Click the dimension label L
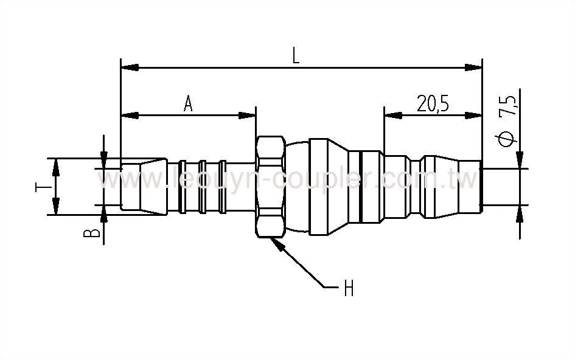click(x=296, y=56)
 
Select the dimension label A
click(x=189, y=104)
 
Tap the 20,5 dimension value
click(x=433, y=104)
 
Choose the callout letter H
click(x=349, y=288)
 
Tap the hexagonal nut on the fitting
click(x=269, y=186)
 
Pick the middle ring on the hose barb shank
click(x=204, y=186)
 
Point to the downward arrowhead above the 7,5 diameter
click(x=520, y=159)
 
